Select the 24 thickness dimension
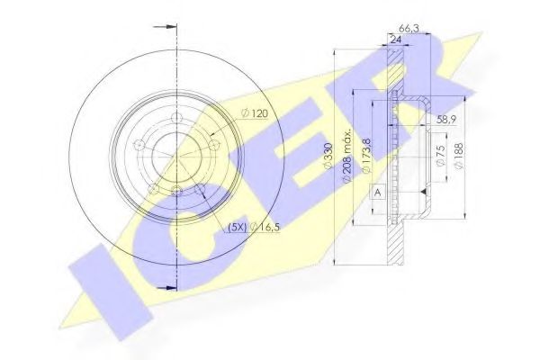394,40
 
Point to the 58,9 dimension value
448,119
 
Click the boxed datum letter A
376,191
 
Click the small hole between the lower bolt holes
176,192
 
